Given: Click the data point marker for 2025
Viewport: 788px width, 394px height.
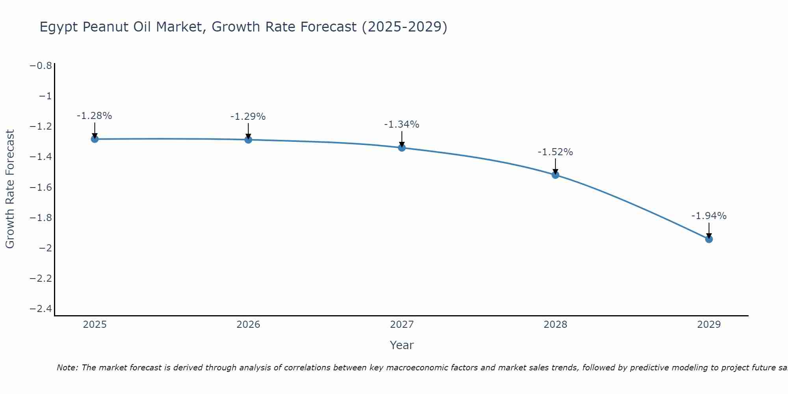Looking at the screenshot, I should pos(95,139).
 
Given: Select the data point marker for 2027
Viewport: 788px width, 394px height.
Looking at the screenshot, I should pos(402,148).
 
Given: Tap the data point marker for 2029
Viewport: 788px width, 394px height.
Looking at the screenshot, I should pos(709,239).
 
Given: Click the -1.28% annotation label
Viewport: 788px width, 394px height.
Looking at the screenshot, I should pos(94,116).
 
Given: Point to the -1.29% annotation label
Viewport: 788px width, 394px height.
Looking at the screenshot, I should pos(248,117).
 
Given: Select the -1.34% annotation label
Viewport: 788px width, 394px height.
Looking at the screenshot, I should pos(401,125).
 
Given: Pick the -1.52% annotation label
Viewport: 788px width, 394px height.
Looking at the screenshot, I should pos(555,152).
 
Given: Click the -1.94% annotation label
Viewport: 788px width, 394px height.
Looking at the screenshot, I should pos(709,216).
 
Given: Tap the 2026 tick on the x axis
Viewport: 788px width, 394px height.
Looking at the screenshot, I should pos(248,325).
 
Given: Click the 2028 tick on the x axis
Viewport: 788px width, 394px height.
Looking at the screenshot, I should pos(555,325).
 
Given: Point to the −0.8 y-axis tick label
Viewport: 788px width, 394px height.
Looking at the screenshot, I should pos(41,66).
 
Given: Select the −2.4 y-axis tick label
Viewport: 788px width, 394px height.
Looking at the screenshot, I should pos(41,309).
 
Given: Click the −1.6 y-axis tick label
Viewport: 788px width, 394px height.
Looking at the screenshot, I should pos(41,187).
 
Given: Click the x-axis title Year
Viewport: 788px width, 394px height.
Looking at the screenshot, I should pos(401,345).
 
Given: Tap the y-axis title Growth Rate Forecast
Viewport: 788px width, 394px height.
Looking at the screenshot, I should pos(10,189).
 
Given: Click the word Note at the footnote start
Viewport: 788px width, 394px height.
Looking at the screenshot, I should pos(67,368).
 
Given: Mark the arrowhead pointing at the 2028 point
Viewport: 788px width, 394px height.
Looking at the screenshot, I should pos(555,172).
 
